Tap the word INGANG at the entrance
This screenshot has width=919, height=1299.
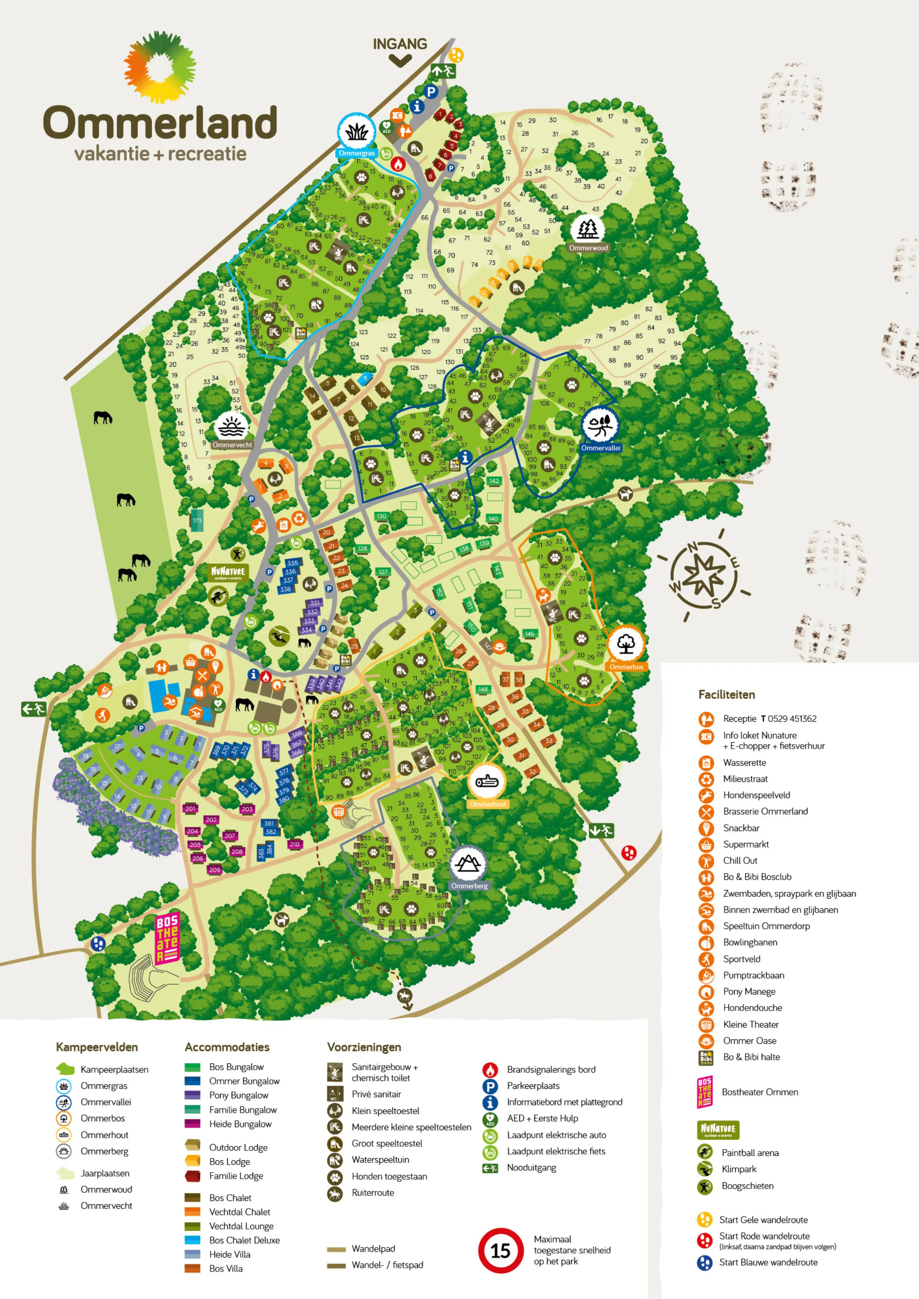tap(400, 44)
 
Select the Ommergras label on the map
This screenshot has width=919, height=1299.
tap(356, 154)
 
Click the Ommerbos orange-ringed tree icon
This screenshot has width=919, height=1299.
tap(626, 644)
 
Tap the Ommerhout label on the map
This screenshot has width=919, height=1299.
tap(488, 804)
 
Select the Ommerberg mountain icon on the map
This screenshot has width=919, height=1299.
tap(468, 864)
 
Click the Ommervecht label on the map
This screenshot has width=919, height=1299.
tap(232, 445)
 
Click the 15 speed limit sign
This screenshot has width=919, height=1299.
tap(500, 1250)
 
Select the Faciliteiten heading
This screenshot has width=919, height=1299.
tap(726, 695)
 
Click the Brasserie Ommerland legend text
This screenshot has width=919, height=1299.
tap(765, 811)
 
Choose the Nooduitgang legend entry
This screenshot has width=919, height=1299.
tap(531, 1168)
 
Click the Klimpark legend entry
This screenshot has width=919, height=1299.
tap(738, 1169)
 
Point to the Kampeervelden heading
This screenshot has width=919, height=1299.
tap(97, 1047)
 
